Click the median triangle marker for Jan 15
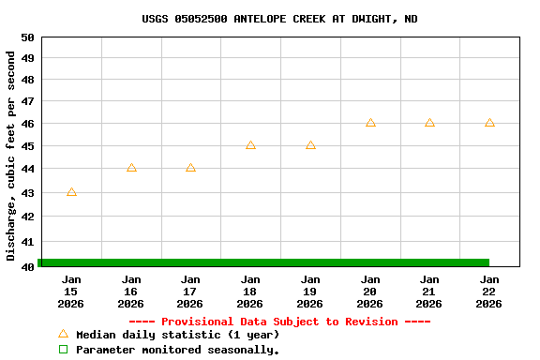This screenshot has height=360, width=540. [x=71, y=192]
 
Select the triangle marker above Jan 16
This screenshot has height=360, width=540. [x=131, y=168]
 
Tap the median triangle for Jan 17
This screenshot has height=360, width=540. [x=190, y=168]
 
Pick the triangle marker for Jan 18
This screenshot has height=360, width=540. [x=250, y=145]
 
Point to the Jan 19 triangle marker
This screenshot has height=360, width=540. [x=310, y=145]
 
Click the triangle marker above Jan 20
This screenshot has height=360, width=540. [x=370, y=123]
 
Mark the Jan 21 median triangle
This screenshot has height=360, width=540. [x=429, y=123]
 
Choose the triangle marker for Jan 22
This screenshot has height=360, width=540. [x=489, y=123]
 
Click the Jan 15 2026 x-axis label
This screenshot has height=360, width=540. [x=71, y=292]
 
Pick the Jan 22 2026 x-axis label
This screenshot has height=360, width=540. [x=489, y=292]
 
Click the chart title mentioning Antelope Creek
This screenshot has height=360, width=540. [x=279, y=19]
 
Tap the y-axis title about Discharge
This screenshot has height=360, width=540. [x=11, y=156]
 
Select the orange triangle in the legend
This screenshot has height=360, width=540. [x=63, y=334]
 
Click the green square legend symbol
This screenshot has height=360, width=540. [x=63, y=349]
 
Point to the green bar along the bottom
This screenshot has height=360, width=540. [x=263, y=262]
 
